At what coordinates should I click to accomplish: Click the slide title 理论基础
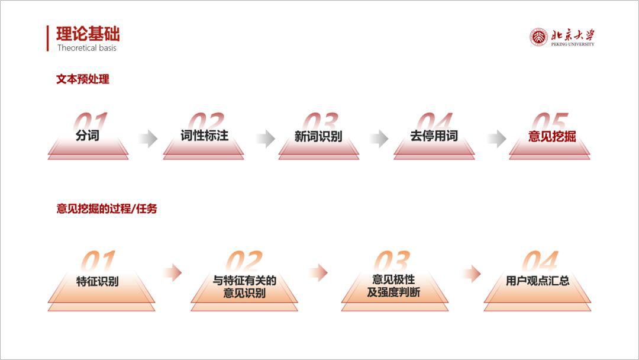(x=88, y=34)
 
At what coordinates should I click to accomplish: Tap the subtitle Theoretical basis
(x=87, y=48)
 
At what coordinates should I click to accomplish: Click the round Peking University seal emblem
(x=538, y=37)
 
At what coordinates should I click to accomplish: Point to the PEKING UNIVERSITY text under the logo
(x=573, y=44)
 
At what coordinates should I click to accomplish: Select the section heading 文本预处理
(x=83, y=79)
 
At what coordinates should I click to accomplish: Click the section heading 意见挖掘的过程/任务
(x=106, y=209)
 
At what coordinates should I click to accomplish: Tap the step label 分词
(x=88, y=135)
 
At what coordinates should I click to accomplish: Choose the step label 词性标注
(x=205, y=135)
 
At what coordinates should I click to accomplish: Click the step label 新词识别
(x=318, y=136)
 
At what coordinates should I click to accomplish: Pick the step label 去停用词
(x=434, y=136)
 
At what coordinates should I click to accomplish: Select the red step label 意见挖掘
(x=552, y=136)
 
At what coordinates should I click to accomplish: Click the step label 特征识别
(x=98, y=281)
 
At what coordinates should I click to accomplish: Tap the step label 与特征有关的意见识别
(x=244, y=287)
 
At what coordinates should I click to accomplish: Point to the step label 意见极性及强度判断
(x=393, y=286)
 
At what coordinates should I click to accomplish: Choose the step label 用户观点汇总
(x=537, y=281)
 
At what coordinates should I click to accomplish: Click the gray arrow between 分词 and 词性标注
(x=148, y=139)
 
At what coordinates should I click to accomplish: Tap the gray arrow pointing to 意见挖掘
(x=497, y=139)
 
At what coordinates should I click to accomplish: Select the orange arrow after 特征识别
(x=172, y=272)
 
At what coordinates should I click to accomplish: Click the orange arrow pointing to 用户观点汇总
(x=472, y=273)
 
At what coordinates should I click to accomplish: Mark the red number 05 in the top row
(x=550, y=121)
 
